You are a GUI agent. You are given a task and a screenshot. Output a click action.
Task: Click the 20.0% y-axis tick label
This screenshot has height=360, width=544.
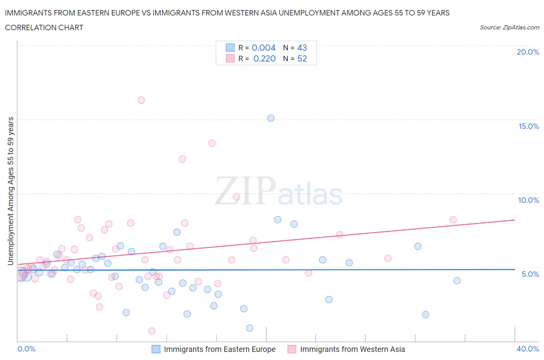(528, 52)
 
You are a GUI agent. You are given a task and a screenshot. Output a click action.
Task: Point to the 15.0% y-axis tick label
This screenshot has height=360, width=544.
(529, 126)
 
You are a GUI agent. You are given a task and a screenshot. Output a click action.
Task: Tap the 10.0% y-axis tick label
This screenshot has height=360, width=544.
(529, 200)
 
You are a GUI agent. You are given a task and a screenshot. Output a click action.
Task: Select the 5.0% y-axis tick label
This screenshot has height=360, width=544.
(530, 274)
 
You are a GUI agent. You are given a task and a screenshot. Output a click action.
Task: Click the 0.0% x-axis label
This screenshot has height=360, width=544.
(26, 349)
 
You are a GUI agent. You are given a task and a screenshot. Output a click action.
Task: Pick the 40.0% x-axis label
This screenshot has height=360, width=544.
(528, 349)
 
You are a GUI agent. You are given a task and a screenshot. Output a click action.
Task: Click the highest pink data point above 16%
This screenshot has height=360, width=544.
(141, 100)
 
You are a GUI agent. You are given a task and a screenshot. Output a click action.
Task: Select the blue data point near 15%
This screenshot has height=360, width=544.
(271, 118)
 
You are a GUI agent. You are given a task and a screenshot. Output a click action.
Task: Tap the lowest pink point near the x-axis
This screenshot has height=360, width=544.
(152, 331)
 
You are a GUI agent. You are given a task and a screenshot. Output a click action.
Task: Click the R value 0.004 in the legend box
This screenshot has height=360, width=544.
(263, 48)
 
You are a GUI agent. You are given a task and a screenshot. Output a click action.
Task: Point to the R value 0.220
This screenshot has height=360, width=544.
(264, 58)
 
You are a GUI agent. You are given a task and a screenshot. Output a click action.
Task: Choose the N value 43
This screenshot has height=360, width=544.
(302, 48)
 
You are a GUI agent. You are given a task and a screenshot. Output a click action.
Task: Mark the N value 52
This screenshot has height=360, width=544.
(302, 58)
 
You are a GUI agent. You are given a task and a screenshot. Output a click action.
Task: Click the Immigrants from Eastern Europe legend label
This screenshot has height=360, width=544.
(219, 349)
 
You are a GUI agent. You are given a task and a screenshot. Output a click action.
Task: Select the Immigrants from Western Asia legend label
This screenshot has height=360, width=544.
(352, 349)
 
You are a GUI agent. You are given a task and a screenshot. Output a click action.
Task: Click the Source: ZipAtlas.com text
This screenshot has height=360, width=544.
(509, 27)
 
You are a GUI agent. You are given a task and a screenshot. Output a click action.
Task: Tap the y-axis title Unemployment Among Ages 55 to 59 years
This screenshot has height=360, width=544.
(11, 191)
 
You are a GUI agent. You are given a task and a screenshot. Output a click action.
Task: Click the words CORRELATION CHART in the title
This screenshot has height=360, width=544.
(44, 27)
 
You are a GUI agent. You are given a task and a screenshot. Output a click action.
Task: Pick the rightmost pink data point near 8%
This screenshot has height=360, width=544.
(453, 220)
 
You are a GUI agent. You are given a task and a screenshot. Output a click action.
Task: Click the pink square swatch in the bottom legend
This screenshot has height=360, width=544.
(292, 349)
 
